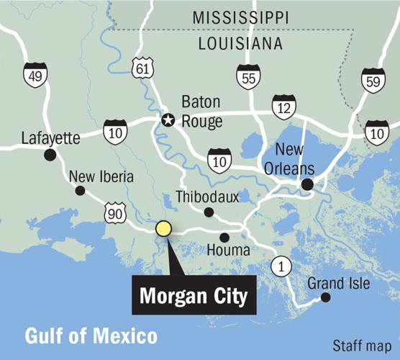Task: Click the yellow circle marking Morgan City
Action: click(x=163, y=229)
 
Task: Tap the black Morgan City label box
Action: click(x=193, y=295)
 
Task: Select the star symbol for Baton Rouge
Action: click(x=168, y=120)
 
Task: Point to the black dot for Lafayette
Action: click(x=50, y=154)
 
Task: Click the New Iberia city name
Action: click(x=100, y=177)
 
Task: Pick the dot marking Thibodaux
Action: click(x=209, y=212)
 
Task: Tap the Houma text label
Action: click(x=228, y=251)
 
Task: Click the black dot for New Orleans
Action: click(x=307, y=185)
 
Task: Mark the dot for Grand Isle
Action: click(x=325, y=297)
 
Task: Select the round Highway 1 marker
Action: click(x=281, y=267)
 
